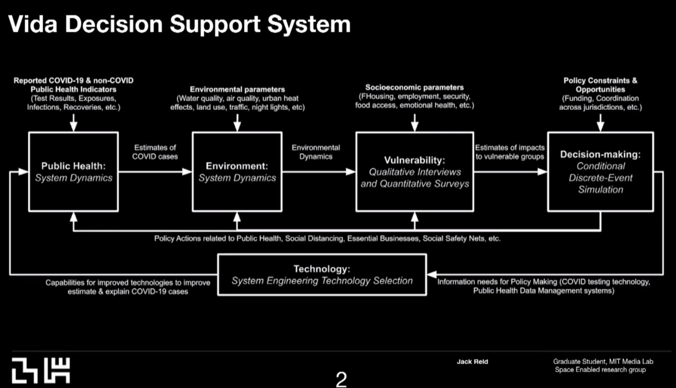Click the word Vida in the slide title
[33, 24]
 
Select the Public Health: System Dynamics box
[73, 172]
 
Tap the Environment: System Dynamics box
[237, 172]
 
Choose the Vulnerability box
[414, 172]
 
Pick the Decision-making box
[600, 172]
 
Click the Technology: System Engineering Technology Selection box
[322, 275]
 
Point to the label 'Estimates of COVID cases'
[155, 152]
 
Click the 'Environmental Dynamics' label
[316, 152]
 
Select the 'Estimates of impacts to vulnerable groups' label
[510, 152]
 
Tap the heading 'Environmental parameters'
[237, 89]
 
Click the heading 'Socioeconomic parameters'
[414, 87]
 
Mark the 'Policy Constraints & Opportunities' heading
[600, 85]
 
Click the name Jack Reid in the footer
[472, 361]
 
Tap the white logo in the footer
[41, 370]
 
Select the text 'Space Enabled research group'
[600, 370]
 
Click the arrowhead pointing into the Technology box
[432, 274]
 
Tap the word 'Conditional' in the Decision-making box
[600, 166]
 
